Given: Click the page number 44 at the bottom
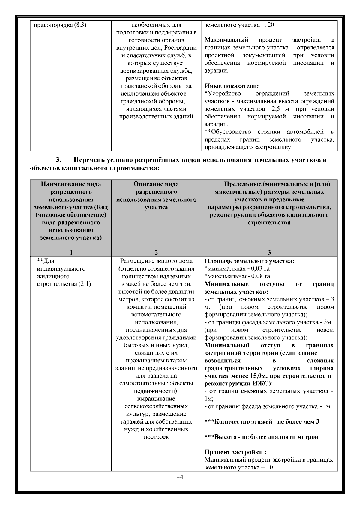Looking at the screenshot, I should [x=180, y=477].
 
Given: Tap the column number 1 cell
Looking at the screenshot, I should [x=71, y=253].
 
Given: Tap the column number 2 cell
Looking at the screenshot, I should [x=156, y=253].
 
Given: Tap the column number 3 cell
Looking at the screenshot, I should [x=269, y=253].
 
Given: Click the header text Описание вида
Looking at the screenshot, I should [x=156, y=184].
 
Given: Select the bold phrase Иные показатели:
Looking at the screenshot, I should [x=232, y=86].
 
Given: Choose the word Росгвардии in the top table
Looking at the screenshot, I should [x=182, y=48].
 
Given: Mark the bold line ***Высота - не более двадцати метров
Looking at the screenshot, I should [x=261, y=437].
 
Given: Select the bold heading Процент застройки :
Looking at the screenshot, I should [x=235, y=452].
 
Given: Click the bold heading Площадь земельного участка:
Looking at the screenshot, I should [x=249, y=261].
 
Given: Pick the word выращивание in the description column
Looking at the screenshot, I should [x=156, y=399].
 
